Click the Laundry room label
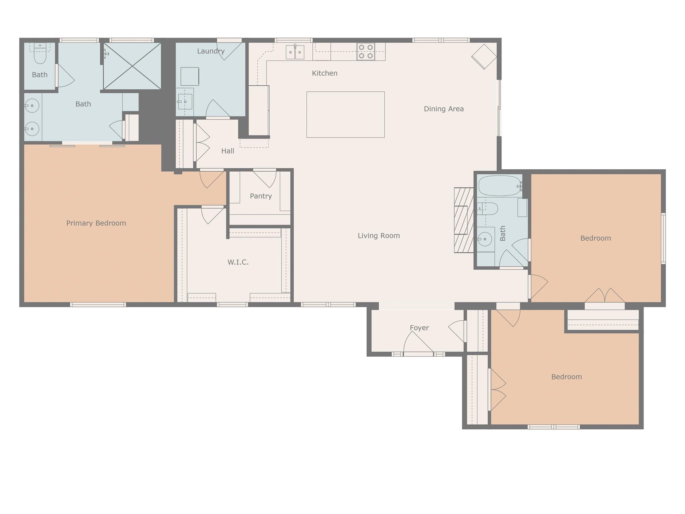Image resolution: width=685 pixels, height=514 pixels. pos(211,51)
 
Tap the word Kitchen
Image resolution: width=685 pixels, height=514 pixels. pos(324,73)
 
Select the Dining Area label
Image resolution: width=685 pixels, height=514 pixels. pos(444,109)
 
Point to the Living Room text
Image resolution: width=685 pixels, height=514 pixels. pos(379,236)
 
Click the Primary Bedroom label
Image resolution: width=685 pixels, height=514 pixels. pos(96,223)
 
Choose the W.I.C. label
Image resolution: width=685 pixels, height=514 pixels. pos(238,262)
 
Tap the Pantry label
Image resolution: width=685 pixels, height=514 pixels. pos(261,196)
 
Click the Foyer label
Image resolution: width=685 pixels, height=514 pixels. pos(419,328)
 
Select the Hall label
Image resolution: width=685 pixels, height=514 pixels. pos(227,151)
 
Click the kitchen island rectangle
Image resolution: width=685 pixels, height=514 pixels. pos(346,114)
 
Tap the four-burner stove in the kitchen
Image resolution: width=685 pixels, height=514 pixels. pos(366,52)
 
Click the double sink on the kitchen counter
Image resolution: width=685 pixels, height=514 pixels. pos(295,52)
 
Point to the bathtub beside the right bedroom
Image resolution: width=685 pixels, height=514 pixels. pos(500,186)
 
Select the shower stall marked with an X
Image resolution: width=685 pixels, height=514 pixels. pos(132,66)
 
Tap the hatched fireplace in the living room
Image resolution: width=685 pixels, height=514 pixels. pos(464,220)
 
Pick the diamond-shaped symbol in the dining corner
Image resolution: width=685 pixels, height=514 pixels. pos(484,57)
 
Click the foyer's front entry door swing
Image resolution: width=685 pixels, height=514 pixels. pos(418,342)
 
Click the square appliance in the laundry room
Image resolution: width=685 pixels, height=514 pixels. pos(190,76)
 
